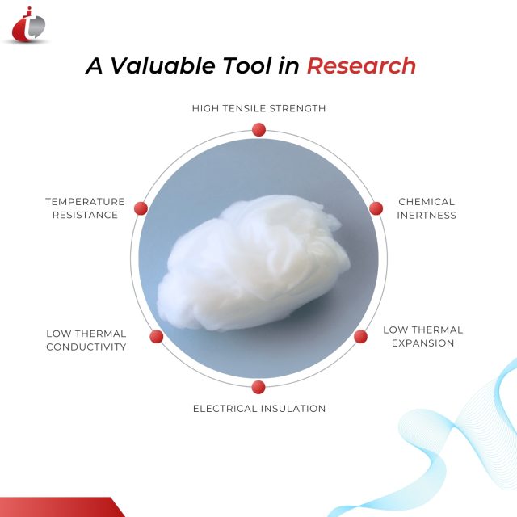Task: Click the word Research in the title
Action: (x=361, y=66)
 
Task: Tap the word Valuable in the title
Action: (x=162, y=66)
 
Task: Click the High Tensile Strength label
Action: (x=258, y=108)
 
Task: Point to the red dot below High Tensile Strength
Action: (x=258, y=129)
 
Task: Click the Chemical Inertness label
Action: (x=427, y=208)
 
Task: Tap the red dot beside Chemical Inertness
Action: (x=376, y=208)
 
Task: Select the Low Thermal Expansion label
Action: (x=422, y=336)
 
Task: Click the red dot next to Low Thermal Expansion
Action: (x=361, y=336)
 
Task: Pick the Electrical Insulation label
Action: (x=258, y=409)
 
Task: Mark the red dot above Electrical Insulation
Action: (x=258, y=387)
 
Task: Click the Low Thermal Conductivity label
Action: (x=86, y=340)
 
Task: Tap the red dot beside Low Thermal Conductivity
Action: (x=157, y=337)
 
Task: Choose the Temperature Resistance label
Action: (x=85, y=208)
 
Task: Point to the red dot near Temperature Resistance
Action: (x=141, y=208)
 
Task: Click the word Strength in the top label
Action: (x=301, y=108)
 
